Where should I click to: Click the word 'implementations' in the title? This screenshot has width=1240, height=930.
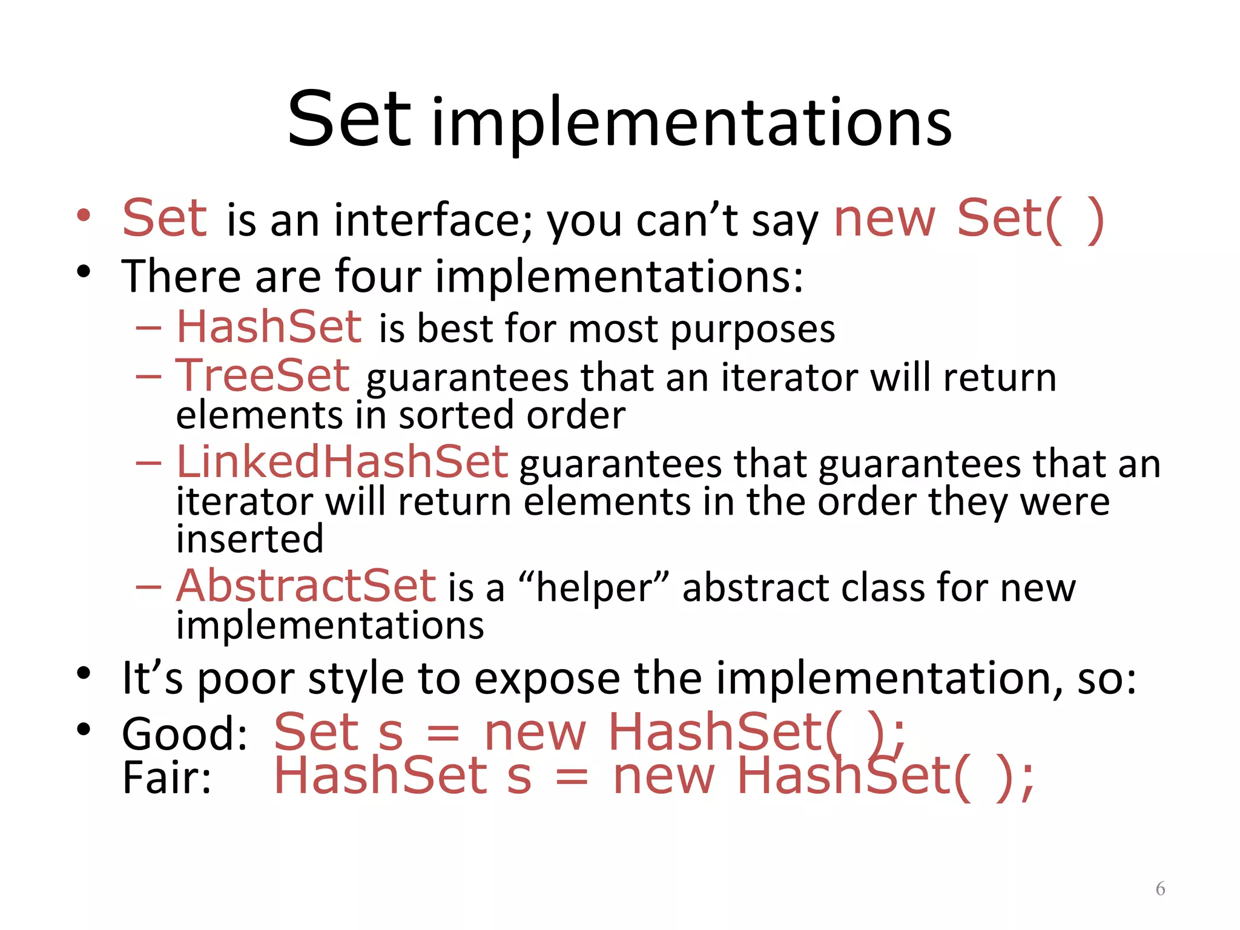coord(692,124)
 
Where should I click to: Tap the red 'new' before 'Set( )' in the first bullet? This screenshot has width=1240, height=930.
coord(885,219)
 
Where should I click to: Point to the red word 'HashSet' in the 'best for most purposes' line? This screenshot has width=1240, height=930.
coord(269,327)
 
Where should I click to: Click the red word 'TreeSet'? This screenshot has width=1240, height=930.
coord(263,375)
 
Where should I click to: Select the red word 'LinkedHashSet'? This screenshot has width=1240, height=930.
coord(342,462)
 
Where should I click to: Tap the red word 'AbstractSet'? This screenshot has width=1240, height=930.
coord(306,586)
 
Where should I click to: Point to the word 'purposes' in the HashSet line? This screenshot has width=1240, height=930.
coord(753,330)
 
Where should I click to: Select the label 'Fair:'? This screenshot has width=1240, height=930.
coord(167,777)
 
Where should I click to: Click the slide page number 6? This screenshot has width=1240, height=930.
coord(1160,889)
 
